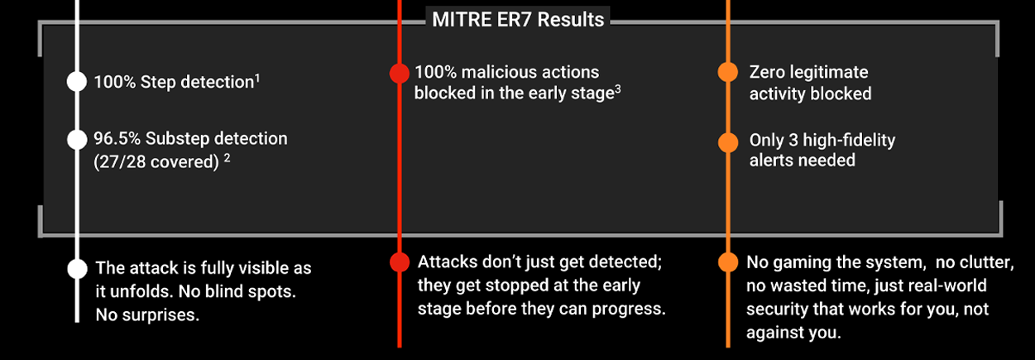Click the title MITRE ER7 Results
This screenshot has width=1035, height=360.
[x=518, y=19]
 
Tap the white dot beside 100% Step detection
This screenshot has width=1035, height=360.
[x=77, y=82]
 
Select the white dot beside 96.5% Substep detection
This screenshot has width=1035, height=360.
[x=77, y=139]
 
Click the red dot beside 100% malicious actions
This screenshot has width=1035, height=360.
[x=400, y=73]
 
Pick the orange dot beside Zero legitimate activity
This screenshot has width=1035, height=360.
[x=728, y=73]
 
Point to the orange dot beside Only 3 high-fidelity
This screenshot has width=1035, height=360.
[x=728, y=142]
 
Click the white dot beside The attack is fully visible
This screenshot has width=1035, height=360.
[x=77, y=269]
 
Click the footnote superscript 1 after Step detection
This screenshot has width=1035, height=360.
[x=258, y=78]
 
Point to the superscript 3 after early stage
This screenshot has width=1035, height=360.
[x=618, y=89]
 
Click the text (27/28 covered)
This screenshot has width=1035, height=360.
[x=156, y=162]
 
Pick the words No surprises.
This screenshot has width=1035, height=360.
[x=147, y=315]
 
